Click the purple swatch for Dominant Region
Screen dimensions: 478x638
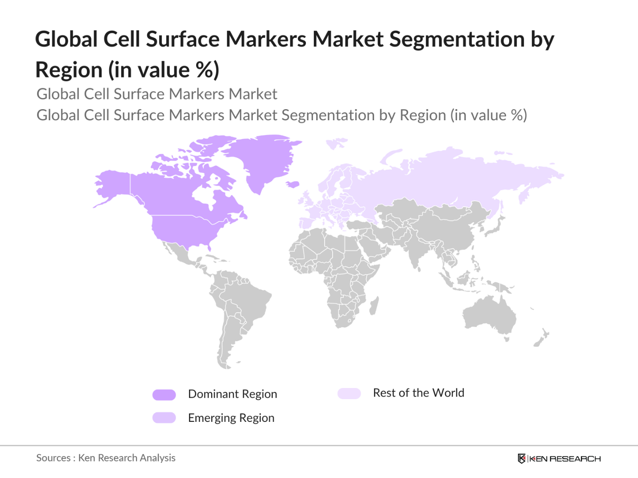pos(164,395)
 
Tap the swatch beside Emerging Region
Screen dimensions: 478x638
pos(164,418)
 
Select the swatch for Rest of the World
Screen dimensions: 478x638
pos(349,393)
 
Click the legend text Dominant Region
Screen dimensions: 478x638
pos(232,394)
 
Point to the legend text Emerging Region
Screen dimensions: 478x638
pos(231,418)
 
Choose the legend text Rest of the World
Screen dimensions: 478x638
pos(418,393)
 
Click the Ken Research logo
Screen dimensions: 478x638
pos(559,458)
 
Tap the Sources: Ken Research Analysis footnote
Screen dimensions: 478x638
pos(106,458)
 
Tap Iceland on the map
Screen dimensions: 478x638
pos(292,184)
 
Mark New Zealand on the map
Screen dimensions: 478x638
pos(542,338)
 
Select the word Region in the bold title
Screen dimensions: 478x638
pos(69,70)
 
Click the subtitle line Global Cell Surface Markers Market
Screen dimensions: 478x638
pos(156,94)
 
